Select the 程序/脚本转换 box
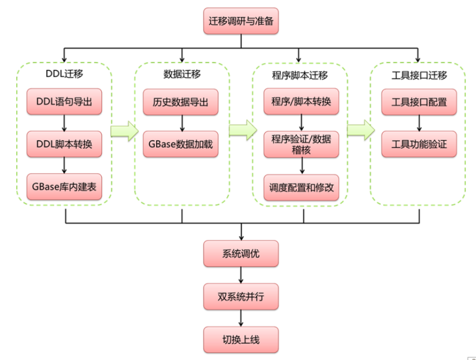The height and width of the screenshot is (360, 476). (301, 102)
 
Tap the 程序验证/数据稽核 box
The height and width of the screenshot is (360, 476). (301, 144)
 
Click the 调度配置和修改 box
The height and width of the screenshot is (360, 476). (301, 187)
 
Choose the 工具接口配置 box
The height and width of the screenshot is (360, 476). (418, 102)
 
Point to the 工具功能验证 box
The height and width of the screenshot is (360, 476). (418, 144)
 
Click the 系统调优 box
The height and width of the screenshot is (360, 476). (241, 254)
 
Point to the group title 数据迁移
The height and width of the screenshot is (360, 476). (182, 74)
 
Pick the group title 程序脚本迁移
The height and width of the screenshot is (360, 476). (300, 75)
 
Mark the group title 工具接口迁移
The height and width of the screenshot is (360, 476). (418, 74)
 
